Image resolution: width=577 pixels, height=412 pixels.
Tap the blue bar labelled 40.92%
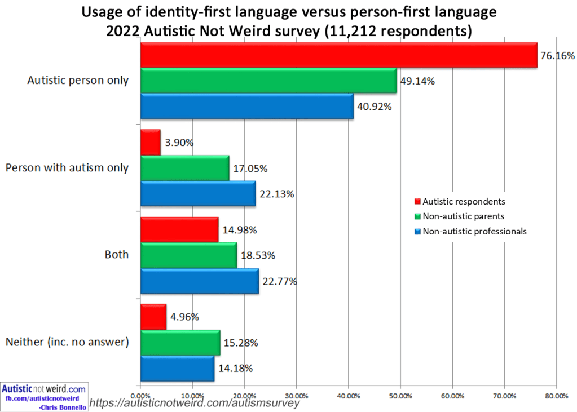click(247, 106)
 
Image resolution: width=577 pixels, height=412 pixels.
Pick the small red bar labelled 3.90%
click(150, 143)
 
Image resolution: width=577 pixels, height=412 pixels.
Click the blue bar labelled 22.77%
click(199, 281)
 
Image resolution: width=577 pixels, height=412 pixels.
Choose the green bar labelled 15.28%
click(180, 343)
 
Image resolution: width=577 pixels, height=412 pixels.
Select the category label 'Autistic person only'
click(78, 80)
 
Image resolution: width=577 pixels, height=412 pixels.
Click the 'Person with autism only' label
click(67, 167)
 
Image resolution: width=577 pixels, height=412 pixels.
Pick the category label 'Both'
click(116, 255)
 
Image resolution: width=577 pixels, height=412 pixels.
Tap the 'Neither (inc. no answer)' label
click(67, 342)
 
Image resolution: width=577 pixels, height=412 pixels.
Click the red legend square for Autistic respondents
click(417, 201)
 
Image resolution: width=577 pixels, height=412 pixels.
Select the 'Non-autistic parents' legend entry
click(460, 216)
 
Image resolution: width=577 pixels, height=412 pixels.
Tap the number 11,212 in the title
click(348, 31)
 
